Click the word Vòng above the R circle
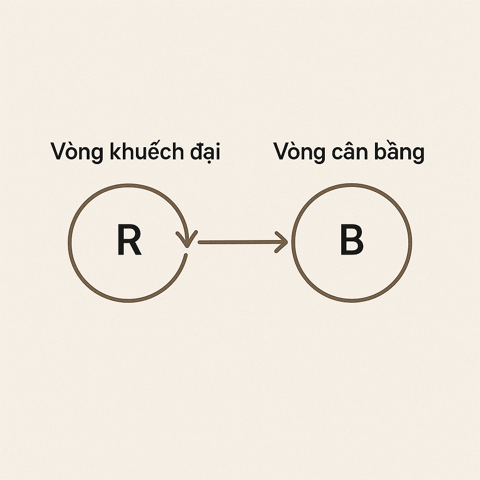(x=77, y=153)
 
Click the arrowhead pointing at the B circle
(x=282, y=242)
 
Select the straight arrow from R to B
(x=241, y=242)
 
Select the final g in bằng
(x=417, y=156)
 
